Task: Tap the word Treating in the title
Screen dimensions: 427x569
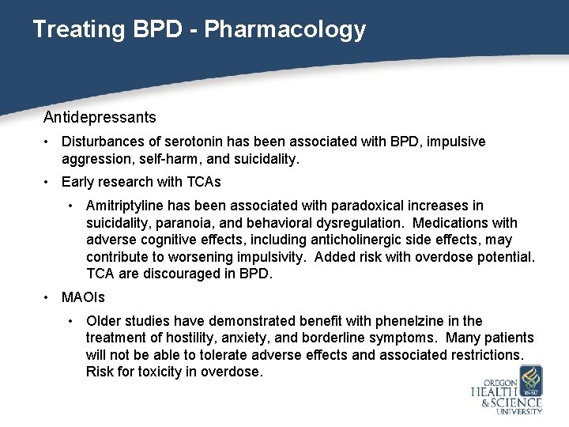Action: pos(76,30)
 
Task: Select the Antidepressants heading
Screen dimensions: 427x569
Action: pos(100,118)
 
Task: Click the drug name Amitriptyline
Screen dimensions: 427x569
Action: pos(124,206)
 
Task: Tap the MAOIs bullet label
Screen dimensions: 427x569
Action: pos(83,298)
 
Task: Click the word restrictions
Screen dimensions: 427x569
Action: pos(482,355)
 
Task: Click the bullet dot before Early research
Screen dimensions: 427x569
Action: pos(48,182)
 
